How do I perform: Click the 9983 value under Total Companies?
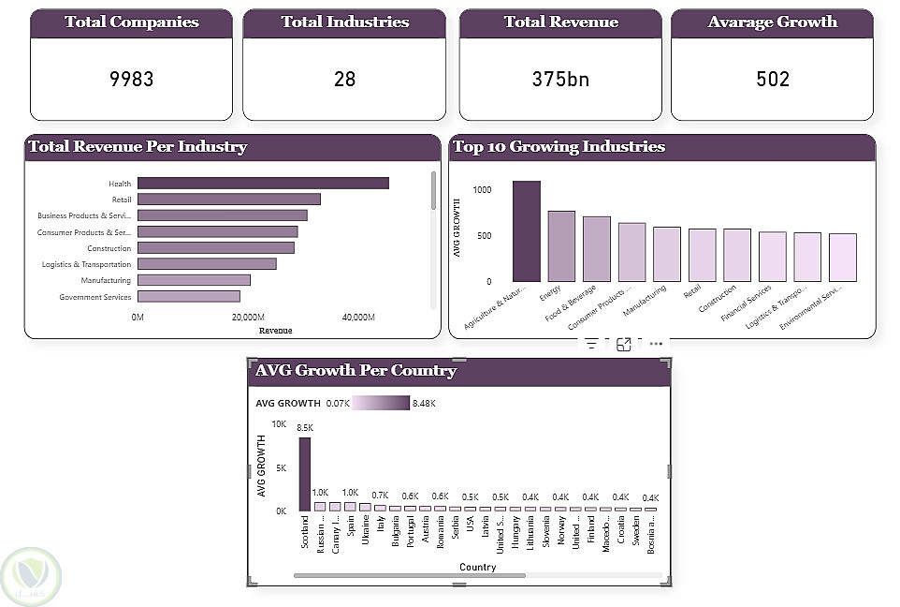[131, 80]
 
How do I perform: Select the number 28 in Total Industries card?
[344, 80]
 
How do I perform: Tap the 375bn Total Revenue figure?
[560, 80]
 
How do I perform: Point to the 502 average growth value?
[773, 80]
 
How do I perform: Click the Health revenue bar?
[263, 184]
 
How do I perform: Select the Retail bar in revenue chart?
[229, 200]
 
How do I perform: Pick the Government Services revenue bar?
[189, 296]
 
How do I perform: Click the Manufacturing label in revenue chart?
[106, 280]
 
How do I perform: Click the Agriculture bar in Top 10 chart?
[527, 231]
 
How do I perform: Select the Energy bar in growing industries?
[561, 246]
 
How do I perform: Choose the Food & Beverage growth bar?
[597, 249]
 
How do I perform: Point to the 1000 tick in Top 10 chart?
[482, 190]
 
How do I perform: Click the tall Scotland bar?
[305, 474]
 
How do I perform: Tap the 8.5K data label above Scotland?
[305, 428]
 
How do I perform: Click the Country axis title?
[477, 567]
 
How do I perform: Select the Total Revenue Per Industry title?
[138, 147]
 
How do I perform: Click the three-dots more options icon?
[656, 344]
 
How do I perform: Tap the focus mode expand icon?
[624, 344]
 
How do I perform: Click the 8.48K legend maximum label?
[423, 403]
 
